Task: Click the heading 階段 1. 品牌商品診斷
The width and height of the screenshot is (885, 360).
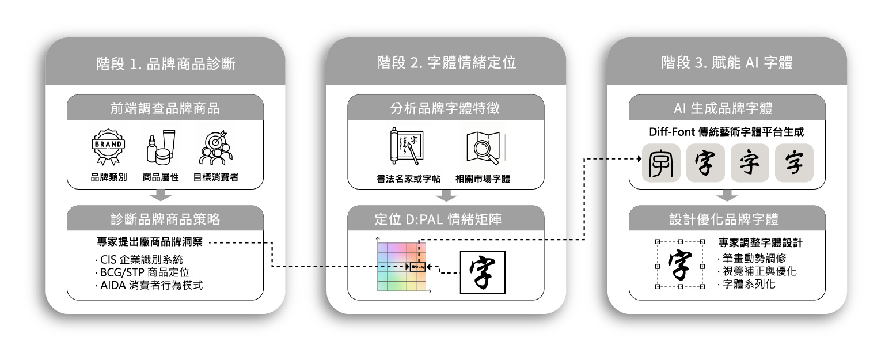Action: [165, 63]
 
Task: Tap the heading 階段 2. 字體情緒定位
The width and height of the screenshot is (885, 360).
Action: [446, 63]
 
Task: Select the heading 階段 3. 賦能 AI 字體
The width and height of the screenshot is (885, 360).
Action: [727, 63]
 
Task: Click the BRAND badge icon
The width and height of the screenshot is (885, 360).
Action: [108, 147]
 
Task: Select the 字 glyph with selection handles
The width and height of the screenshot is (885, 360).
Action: [680, 264]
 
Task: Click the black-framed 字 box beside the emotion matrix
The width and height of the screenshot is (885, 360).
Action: [482, 272]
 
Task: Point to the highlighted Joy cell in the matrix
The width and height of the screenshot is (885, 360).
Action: [416, 267]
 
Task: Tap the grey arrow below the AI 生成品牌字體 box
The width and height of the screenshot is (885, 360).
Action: [727, 196]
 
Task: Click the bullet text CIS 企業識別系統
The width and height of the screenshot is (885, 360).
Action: [138, 259]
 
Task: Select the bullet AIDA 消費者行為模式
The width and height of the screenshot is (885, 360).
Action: [149, 285]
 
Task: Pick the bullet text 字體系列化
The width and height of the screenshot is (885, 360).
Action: [749, 283]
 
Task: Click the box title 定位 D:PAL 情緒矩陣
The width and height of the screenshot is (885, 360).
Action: [446, 219]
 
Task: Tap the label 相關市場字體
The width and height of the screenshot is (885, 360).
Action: [482, 179]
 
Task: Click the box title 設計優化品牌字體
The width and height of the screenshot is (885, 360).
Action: [727, 219]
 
